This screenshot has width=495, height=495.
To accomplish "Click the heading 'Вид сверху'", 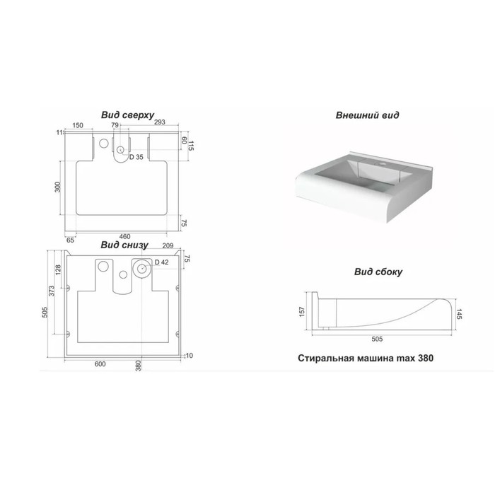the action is click(x=127, y=115).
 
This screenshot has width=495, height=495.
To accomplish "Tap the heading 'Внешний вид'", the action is click(x=367, y=115).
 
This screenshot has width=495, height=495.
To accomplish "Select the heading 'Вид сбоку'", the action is click(x=378, y=272).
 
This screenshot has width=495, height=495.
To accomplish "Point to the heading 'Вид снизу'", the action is click(x=124, y=245).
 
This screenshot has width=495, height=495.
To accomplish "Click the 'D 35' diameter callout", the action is click(x=136, y=157).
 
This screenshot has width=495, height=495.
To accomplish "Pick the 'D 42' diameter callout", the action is click(x=162, y=262).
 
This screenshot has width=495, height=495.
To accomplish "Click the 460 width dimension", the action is click(x=124, y=236).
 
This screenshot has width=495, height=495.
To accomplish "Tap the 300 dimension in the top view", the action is click(x=57, y=187).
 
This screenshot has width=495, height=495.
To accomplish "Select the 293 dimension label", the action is click(x=159, y=122).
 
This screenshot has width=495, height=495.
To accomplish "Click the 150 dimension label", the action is click(x=78, y=125).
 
